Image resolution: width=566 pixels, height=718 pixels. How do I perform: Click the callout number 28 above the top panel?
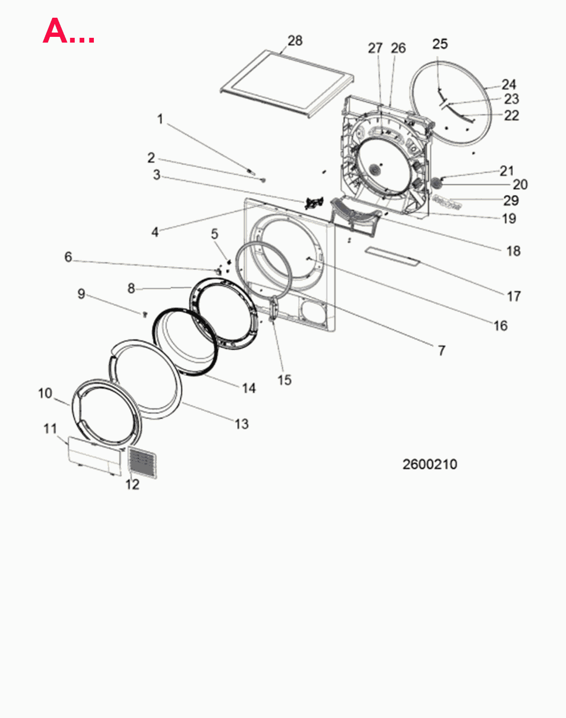295,41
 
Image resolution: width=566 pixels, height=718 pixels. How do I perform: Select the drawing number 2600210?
430,464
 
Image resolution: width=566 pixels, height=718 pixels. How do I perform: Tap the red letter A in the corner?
55,31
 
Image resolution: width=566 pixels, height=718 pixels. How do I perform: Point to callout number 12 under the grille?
132,484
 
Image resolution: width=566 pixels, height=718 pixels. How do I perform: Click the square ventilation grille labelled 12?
143,462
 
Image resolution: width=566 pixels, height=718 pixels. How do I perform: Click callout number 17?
514,296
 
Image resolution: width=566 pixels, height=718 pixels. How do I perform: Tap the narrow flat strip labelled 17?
393,256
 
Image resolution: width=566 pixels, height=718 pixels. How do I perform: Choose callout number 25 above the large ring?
440,44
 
